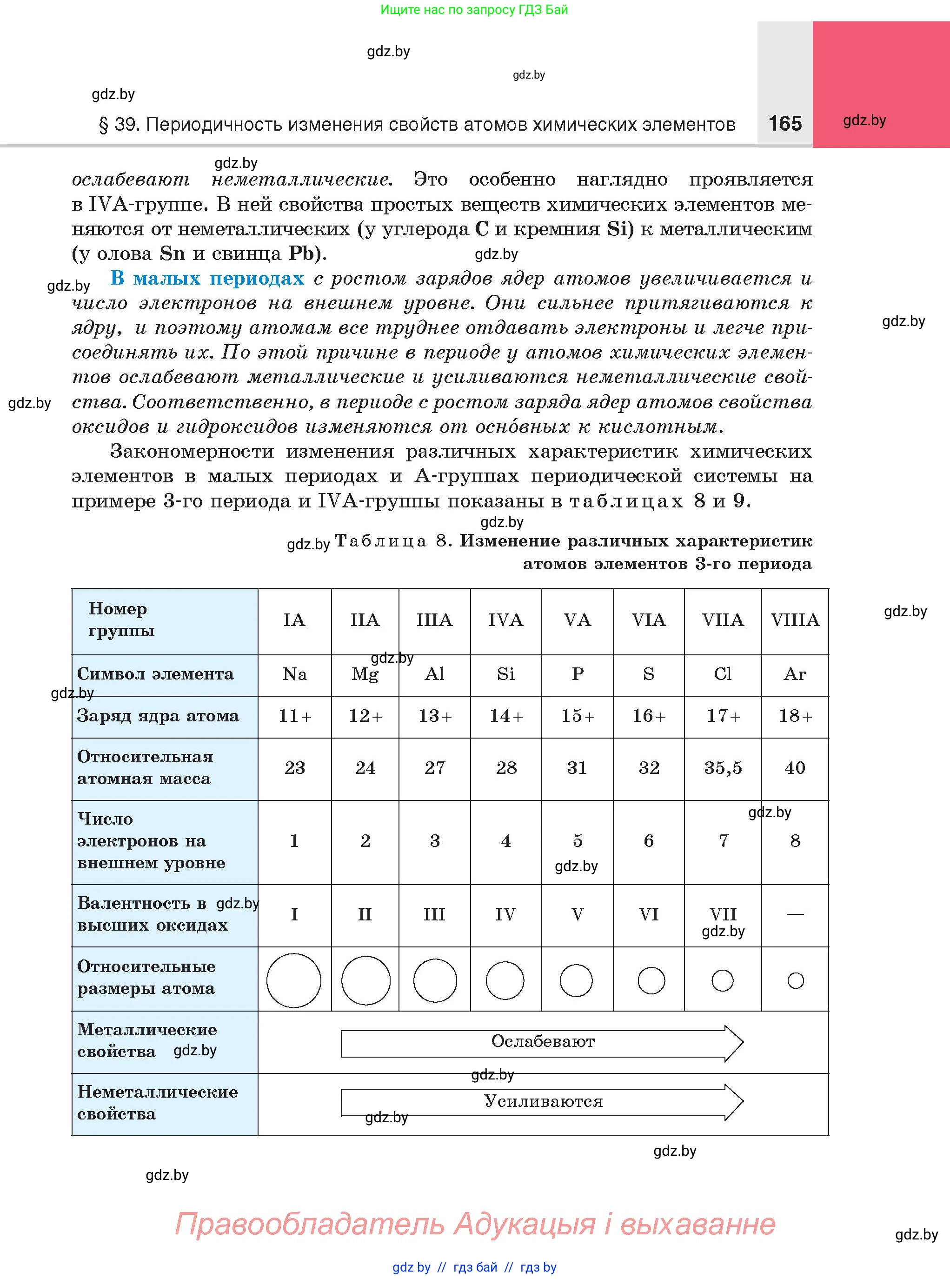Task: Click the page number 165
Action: pyautogui.click(x=784, y=123)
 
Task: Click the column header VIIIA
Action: pyautogui.click(x=795, y=620)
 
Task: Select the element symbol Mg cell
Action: pyautogui.click(x=365, y=674)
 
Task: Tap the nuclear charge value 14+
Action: pyautogui.click(x=506, y=716)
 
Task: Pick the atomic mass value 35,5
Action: pyautogui.click(x=723, y=768)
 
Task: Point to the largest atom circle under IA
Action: pyautogui.click(x=294, y=980)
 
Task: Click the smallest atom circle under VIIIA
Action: pyautogui.click(x=795, y=980)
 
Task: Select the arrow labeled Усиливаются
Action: pyautogui.click(x=542, y=1102)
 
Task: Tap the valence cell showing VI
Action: pyautogui.click(x=649, y=914)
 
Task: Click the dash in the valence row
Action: pyautogui.click(x=795, y=914)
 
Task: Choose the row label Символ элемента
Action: pyautogui.click(x=155, y=674)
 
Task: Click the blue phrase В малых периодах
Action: pyautogui.click(x=207, y=278)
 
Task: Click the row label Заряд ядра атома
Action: pyautogui.click(x=158, y=716)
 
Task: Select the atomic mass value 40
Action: pyautogui.click(x=795, y=768)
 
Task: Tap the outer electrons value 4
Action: pyautogui.click(x=505, y=841)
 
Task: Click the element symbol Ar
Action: pyautogui.click(x=795, y=674)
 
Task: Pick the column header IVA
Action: pyautogui.click(x=505, y=620)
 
